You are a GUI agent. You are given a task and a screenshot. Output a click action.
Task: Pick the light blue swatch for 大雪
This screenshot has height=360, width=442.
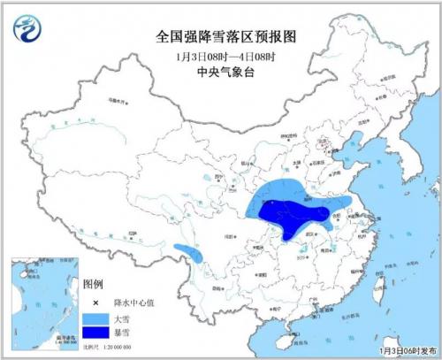pyautogui.click(x=95, y=317)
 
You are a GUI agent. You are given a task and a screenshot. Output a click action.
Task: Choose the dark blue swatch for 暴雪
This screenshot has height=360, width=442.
pyautogui.click(x=95, y=333)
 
